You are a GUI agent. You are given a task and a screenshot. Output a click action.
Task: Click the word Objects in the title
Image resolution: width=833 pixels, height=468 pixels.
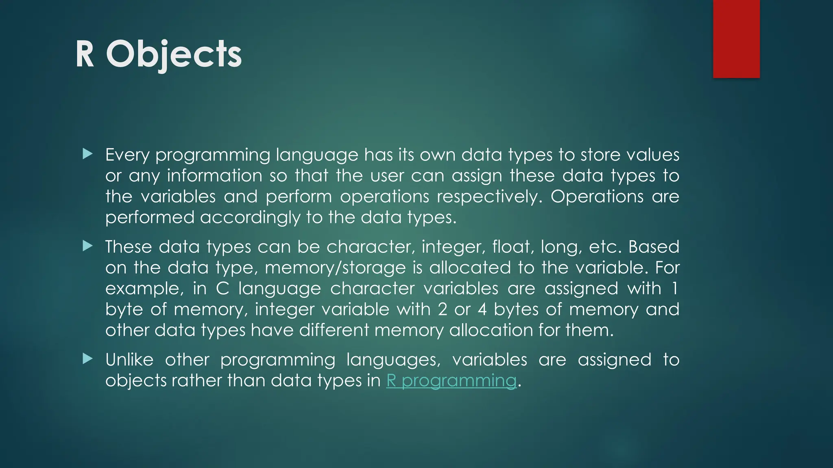[174, 54]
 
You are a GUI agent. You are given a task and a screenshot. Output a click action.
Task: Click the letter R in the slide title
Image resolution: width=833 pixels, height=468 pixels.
[85, 54]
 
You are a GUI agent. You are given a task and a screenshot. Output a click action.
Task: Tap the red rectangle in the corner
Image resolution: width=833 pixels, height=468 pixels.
[736, 39]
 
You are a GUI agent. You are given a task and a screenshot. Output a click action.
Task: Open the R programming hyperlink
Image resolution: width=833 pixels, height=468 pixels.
[451, 381]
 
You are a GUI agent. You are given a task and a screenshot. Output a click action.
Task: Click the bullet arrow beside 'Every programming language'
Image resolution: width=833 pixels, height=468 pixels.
[87, 154]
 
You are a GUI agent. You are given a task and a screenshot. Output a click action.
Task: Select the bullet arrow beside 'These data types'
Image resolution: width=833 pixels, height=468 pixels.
[87, 246]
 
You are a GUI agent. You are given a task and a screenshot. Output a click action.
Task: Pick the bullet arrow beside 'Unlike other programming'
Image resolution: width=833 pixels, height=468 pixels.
[87, 359]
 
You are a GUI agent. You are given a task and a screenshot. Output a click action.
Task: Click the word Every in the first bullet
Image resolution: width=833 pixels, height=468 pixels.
[127, 155]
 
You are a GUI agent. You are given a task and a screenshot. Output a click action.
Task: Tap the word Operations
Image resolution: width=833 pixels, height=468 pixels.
[597, 197]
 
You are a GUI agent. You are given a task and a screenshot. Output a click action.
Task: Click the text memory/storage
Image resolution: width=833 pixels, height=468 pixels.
[335, 268]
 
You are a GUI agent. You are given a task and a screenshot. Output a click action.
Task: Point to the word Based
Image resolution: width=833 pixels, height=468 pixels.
[654, 247]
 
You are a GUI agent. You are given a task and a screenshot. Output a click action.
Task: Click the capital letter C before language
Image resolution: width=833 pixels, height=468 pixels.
[222, 288]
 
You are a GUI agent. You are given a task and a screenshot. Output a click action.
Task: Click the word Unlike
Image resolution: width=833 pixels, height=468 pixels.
[129, 360]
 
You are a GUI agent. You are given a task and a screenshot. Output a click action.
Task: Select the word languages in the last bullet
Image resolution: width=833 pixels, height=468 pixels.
[393, 360]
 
